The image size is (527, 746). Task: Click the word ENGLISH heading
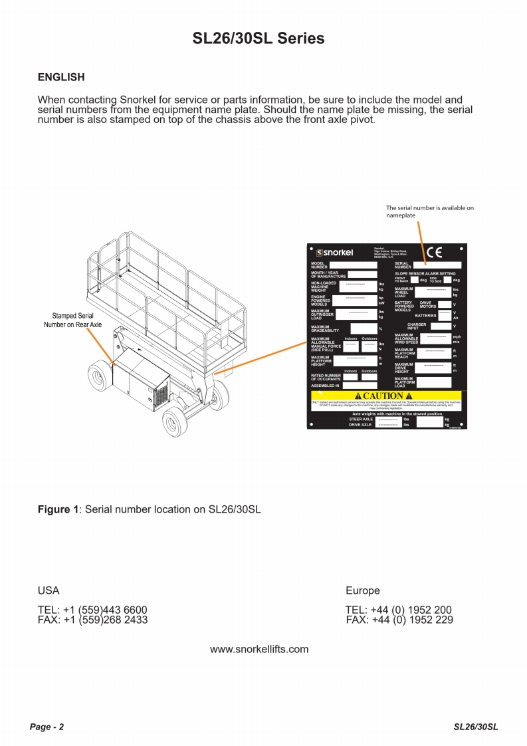pyautogui.click(x=61, y=77)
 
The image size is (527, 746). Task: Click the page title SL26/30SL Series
pyautogui.click(x=259, y=39)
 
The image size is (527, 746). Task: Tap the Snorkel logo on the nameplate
pyautogui.click(x=334, y=253)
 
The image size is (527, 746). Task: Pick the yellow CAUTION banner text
pyautogui.click(x=387, y=396)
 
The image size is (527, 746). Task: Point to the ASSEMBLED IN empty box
pyautogui.click(x=360, y=385)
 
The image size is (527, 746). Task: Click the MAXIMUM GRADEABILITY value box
pyautogui.click(x=363, y=328)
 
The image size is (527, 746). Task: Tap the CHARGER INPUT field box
pyautogui.click(x=440, y=326)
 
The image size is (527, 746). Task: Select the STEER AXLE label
pyautogui.click(x=361, y=420)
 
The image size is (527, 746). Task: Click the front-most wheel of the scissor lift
pyautogui.click(x=173, y=422)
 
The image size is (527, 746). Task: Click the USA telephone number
pyautogui.click(x=92, y=610)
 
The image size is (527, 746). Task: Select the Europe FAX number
pyautogui.click(x=399, y=620)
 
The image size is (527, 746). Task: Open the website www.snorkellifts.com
pyautogui.click(x=259, y=649)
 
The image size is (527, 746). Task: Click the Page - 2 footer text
pyautogui.click(x=47, y=727)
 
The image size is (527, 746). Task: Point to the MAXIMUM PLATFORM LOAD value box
pyautogui.click(x=433, y=382)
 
